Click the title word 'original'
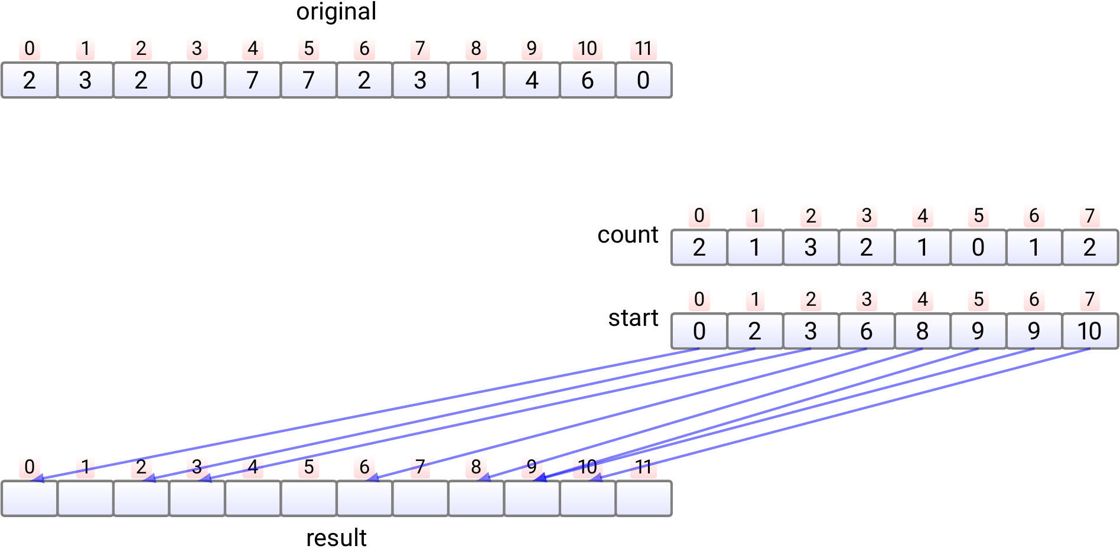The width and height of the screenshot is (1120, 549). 336,12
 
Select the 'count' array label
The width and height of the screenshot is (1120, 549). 627,235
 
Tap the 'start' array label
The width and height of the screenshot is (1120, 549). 633,318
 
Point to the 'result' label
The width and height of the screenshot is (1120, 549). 336,538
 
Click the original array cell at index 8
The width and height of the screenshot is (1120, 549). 476,80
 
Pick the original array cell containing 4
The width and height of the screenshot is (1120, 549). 532,80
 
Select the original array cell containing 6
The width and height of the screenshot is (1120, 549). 587,80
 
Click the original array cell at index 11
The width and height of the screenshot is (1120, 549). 643,80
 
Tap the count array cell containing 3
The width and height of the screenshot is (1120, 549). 810,247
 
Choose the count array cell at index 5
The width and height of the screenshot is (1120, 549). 978,247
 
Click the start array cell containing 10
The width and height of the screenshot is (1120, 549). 1090,331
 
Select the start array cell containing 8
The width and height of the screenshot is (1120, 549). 922,331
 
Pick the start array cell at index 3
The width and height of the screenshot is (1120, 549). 867,331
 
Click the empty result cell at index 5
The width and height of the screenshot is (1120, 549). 308,499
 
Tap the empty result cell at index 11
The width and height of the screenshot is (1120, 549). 643,499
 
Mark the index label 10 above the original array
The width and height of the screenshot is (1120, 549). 587,48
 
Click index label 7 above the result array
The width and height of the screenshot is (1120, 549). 420,467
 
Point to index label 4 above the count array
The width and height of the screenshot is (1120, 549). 922,216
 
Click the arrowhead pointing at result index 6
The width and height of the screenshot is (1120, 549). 372,478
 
